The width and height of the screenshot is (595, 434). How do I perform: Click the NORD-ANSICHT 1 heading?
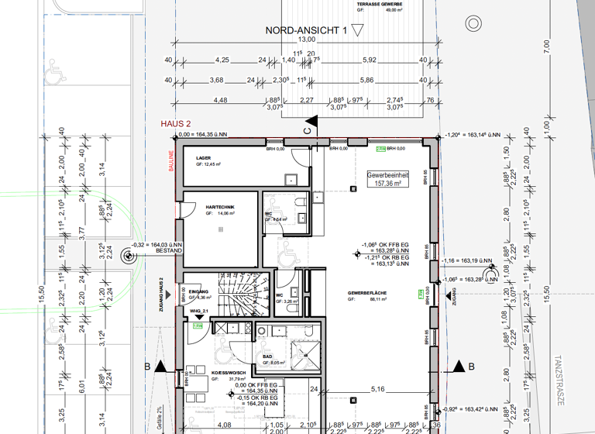pyautogui.click(x=305, y=30)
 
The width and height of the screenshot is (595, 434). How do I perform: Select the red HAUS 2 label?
pyautogui.click(x=176, y=124)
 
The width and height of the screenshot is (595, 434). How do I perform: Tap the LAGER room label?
pyautogui.click(x=203, y=158)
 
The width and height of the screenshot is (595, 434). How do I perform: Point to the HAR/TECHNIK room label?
pyautogui.click(x=216, y=208)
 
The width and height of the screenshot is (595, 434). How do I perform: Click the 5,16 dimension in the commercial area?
pyautogui.click(x=378, y=388)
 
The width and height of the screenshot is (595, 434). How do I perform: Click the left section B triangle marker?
pyautogui.click(x=160, y=367)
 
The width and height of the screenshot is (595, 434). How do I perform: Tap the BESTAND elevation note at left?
pyautogui.click(x=168, y=251)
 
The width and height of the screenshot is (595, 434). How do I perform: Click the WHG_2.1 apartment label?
pyautogui.click(x=199, y=311)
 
